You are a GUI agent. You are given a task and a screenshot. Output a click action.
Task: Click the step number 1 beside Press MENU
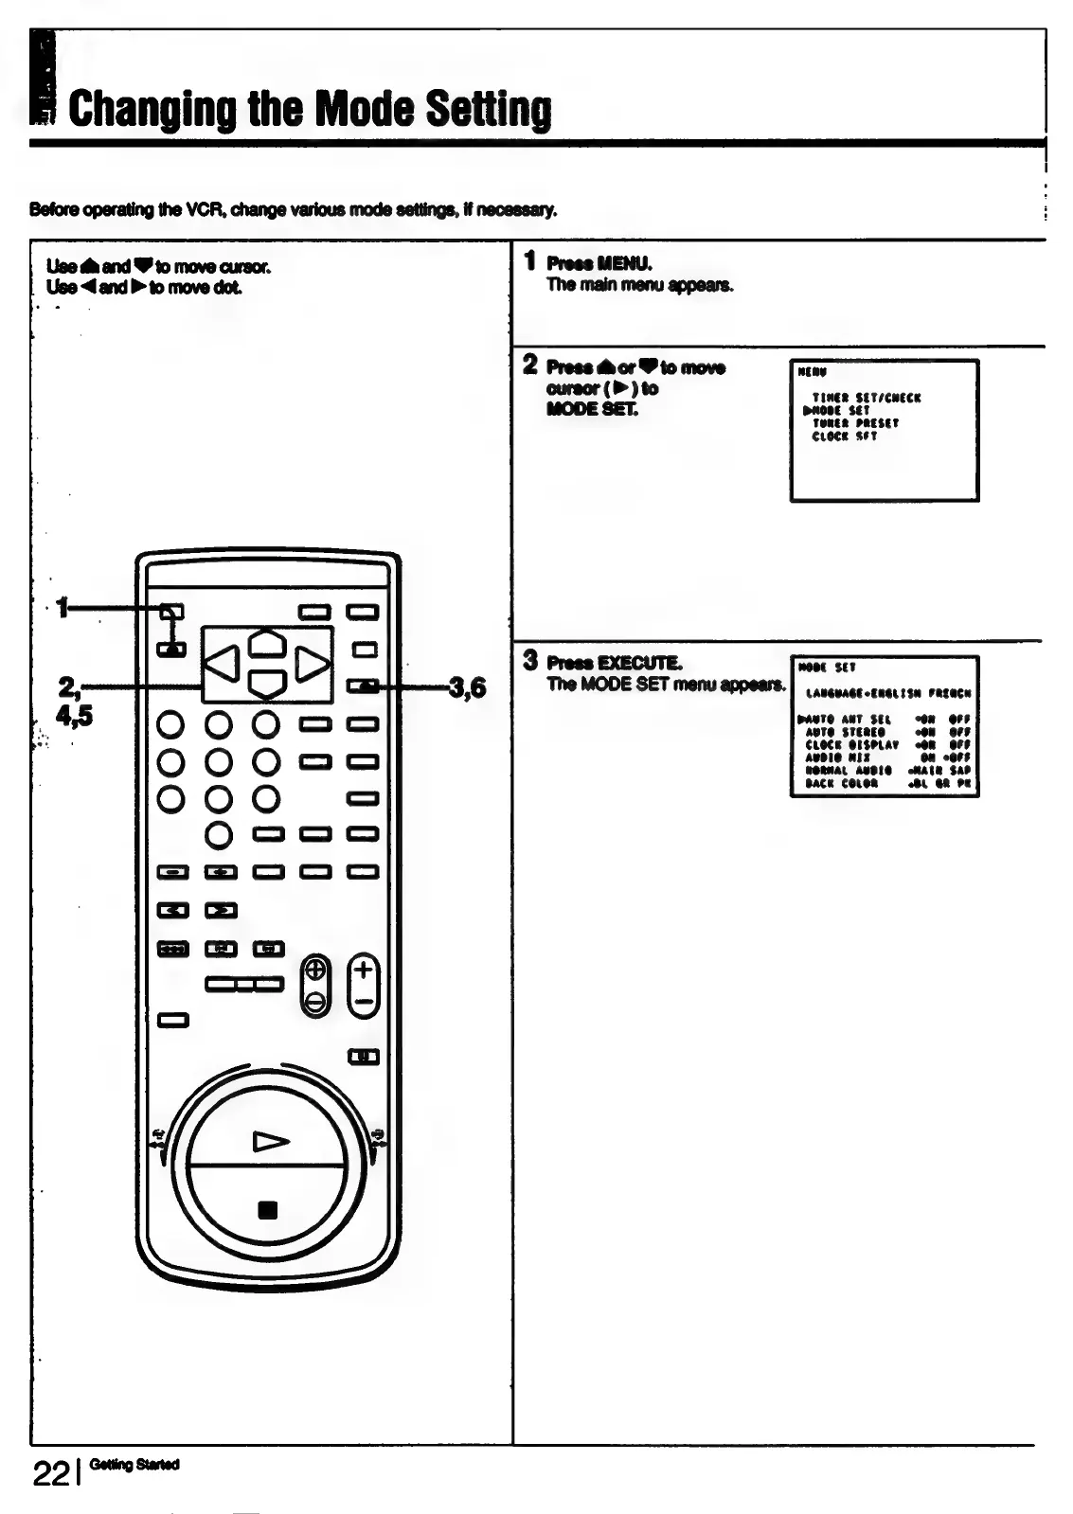[531, 261]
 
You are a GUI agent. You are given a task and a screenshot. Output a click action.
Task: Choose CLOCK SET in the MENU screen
[845, 436]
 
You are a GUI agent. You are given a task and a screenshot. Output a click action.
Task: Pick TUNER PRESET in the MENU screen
[855, 423]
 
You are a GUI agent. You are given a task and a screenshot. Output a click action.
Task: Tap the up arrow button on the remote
[267, 643]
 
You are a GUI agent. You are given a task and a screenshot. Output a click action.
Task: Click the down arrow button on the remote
[267, 682]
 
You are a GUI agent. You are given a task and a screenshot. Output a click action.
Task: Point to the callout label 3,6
[468, 687]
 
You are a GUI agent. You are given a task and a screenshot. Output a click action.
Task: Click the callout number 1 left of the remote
[63, 607]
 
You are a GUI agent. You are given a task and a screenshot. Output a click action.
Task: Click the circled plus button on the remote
[316, 971]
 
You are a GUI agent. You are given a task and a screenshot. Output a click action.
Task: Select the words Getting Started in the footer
[134, 1465]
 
